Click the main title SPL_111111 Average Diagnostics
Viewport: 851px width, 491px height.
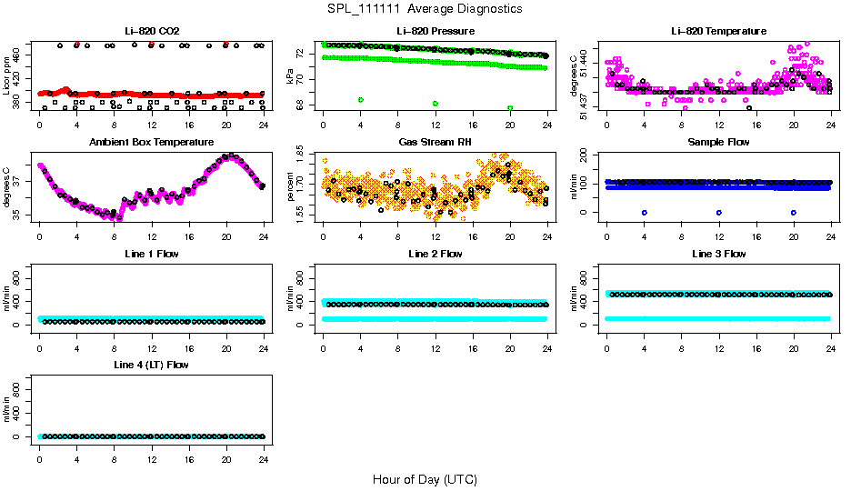[x=425, y=8]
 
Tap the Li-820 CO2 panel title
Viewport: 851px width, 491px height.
[x=151, y=31]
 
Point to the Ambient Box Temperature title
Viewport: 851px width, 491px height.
[x=151, y=142]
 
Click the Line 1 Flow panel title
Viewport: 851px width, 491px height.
[x=151, y=253]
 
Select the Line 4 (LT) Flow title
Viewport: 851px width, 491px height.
[x=151, y=364]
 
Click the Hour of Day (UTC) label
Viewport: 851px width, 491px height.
[x=425, y=478]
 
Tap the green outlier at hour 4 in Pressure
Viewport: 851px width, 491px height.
[x=361, y=99]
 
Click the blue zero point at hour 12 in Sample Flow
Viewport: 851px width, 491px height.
[x=719, y=212]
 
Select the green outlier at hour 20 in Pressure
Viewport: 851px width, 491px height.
[x=510, y=107]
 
